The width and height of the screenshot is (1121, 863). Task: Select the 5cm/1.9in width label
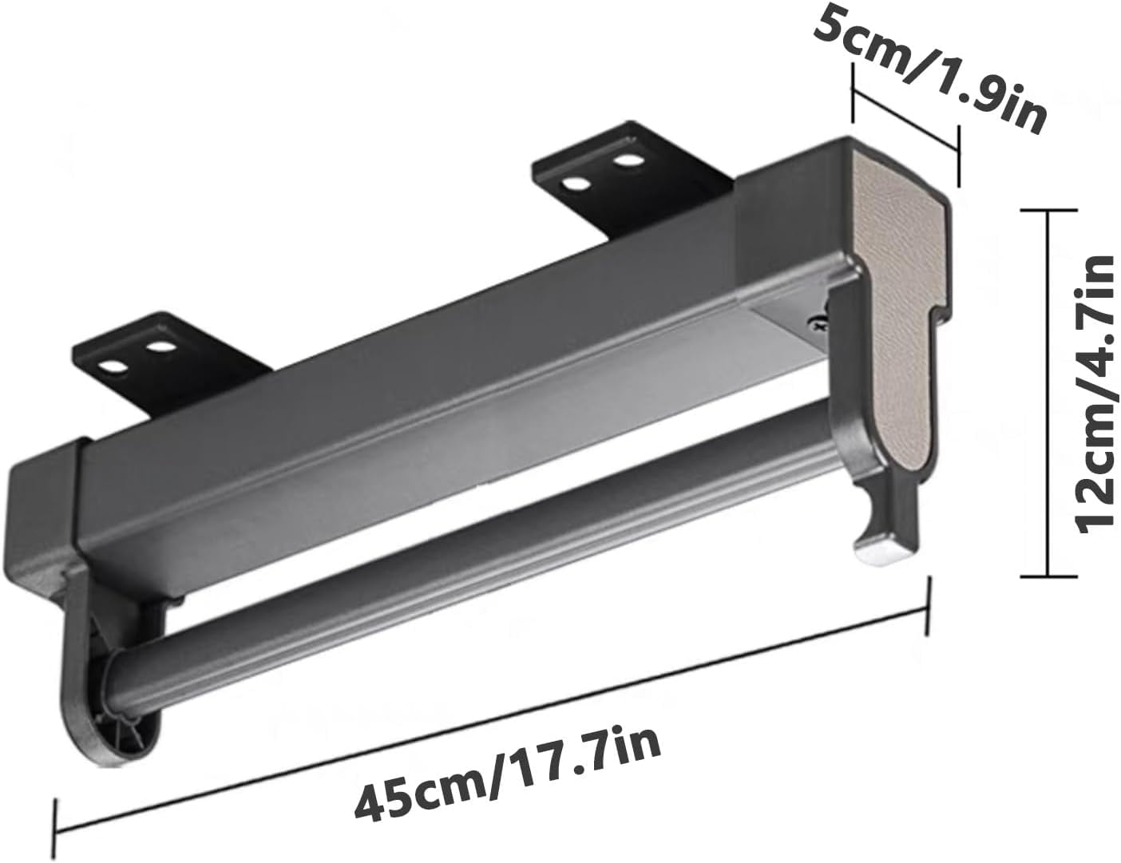930,69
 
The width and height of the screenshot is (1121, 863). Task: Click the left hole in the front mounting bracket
113,368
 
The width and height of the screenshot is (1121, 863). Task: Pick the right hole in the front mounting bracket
162,349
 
